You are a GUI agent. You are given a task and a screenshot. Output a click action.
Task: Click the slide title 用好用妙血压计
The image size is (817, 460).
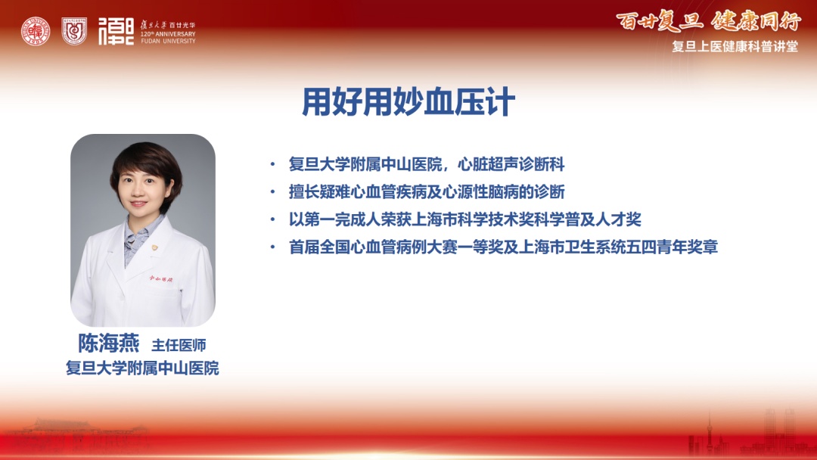(408, 101)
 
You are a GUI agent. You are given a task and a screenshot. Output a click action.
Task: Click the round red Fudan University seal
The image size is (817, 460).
(36, 31)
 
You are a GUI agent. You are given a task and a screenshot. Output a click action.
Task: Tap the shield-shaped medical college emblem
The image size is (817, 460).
(74, 31)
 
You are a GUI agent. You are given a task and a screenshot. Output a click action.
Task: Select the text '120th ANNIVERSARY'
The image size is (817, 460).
(168, 34)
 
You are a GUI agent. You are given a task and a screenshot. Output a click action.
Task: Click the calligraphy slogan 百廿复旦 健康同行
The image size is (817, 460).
(708, 21)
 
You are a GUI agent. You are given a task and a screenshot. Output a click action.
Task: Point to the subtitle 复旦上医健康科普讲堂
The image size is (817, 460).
(735, 46)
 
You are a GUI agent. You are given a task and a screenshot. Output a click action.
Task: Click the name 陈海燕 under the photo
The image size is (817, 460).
(109, 343)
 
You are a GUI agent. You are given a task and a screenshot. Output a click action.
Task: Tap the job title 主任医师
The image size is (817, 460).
(179, 345)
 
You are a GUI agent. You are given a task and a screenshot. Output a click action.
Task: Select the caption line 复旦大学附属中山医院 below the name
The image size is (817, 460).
(142, 368)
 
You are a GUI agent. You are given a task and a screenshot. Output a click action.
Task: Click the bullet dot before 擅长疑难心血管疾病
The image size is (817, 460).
(272, 192)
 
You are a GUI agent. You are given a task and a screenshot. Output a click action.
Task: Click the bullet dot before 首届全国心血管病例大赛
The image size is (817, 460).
(272, 247)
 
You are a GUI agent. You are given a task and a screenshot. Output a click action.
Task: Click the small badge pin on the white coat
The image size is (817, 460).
(154, 248)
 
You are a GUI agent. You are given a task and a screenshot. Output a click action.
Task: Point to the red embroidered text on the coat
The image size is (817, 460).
(161, 278)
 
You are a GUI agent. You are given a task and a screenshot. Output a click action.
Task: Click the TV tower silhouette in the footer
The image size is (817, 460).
(709, 433)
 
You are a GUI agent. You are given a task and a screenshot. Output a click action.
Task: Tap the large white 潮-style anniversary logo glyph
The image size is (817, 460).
(116, 31)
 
